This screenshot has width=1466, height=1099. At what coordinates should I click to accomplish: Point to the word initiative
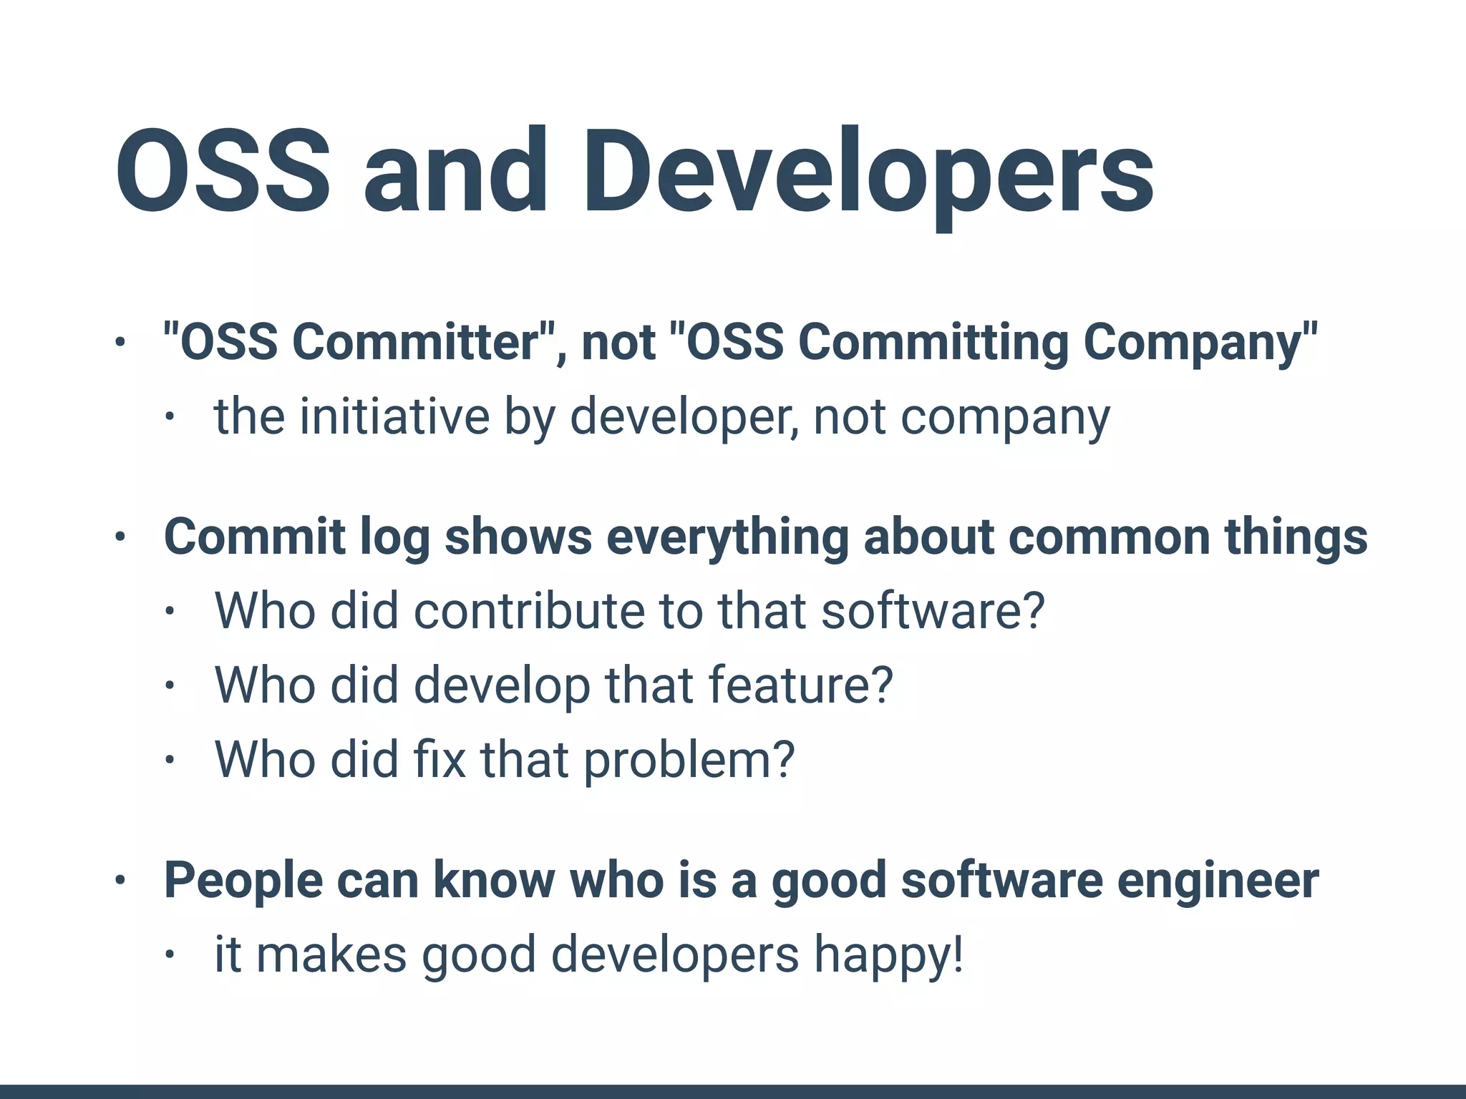394,416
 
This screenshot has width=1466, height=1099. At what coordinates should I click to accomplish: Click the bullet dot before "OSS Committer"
120,342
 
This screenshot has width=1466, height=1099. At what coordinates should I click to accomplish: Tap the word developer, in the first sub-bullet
684,418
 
